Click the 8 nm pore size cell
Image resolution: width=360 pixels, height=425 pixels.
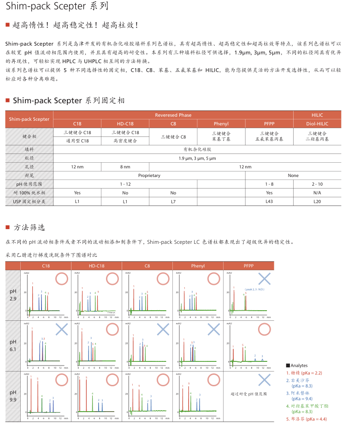pyautogui.click(x=125, y=166)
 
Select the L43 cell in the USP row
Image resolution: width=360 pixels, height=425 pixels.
pyautogui.click(x=269, y=201)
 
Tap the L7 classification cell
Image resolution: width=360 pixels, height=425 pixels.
pyautogui.click(x=173, y=201)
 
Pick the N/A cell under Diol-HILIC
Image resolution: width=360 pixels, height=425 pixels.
pyautogui.click(x=317, y=193)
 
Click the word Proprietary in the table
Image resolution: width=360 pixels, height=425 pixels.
pyautogui.click(x=149, y=175)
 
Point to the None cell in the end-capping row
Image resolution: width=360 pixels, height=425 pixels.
pyautogui.click(x=293, y=175)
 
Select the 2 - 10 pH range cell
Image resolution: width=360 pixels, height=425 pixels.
pyautogui.click(x=317, y=184)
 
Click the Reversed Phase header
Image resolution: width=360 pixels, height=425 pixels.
pyautogui.click(x=173, y=115)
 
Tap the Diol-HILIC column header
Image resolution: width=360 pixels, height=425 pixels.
pyautogui.click(x=317, y=124)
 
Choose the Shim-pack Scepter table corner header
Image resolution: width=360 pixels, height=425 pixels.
pyautogui.click(x=30, y=119)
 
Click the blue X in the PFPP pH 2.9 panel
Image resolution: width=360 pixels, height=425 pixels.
pyautogui.click(x=264, y=278)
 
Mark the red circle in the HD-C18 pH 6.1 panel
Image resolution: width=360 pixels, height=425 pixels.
pyautogui.click(x=112, y=329)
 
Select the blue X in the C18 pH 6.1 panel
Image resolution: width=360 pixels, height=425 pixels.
pyautogui.click(x=61, y=329)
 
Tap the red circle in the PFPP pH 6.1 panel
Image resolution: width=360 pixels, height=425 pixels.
pyautogui.click(x=264, y=329)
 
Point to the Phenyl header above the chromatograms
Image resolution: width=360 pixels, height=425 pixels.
pyautogui.click(x=198, y=266)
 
